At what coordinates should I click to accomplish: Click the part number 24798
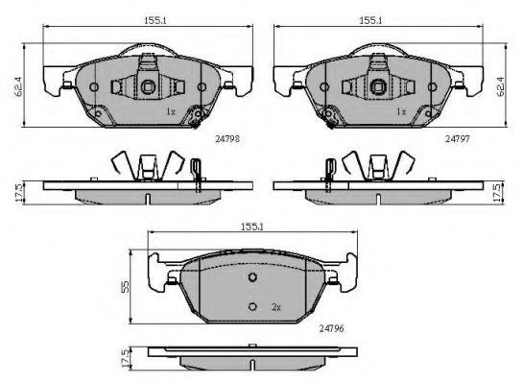[227, 139]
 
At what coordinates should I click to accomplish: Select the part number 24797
[458, 139]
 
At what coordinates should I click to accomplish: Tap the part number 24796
[331, 328]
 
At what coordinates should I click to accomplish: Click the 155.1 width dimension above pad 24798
[155, 21]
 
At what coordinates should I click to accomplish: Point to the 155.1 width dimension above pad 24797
[370, 21]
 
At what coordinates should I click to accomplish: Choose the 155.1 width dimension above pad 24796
[252, 227]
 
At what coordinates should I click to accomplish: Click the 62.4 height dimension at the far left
[18, 86]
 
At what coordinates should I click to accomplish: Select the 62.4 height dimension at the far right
[500, 86]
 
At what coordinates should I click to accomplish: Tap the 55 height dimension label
[125, 287]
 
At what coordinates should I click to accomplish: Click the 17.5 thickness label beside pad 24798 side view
[19, 192]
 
